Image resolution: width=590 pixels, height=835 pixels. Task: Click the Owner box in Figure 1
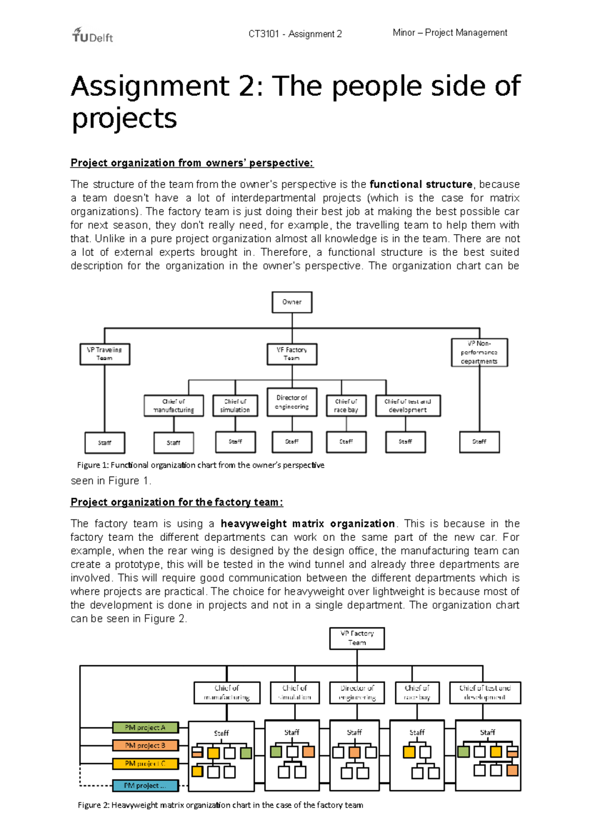pyautogui.click(x=292, y=302)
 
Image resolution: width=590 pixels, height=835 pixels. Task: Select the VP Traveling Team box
pyautogui.click(x=105, y=354)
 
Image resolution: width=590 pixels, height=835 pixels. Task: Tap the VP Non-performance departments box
pyautogui.click(x=479, y=353)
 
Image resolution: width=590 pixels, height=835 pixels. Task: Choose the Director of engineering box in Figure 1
pyautogui.click(x=292, y=402)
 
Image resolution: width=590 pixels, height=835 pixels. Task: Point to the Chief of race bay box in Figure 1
pyautogui.click(x=346, y=406)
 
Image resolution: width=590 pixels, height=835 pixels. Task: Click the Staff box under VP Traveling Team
pyautogui.click(x=105, y=443)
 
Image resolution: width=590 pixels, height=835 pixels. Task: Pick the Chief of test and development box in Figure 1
pyautogui.click(x=408, y=406)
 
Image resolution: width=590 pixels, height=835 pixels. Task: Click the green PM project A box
pyautogui.click(x=145, y=727)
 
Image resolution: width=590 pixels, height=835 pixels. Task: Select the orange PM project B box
pyautogui.click(x=145, y=746)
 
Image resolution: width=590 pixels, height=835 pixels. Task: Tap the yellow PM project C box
pyautogui.click(x=145, y=764)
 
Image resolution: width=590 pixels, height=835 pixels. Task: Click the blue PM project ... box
pyautogui.click(x=145, y=785)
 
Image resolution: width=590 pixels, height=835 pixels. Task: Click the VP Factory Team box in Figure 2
pyautogui.click(x=357, y=638)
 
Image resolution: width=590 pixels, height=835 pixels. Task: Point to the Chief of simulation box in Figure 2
pyautogui.click(x=295, y=692)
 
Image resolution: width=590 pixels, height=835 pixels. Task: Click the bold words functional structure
pyautogui.click(x=421, y=184)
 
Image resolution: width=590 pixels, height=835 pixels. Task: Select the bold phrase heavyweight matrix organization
pyautogui.click(x=308, y=524)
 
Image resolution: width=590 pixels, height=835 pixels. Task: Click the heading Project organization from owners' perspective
pyautogui.click(x=192, y=163)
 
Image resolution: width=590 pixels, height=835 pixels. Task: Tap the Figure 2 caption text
pyautogui.click(x=220, y=805)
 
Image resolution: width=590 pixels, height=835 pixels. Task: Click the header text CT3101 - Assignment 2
pyautogui.click(x=295, y=34)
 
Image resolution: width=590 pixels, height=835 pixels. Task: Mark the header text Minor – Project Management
pyautogui.click(x=450, y=32)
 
